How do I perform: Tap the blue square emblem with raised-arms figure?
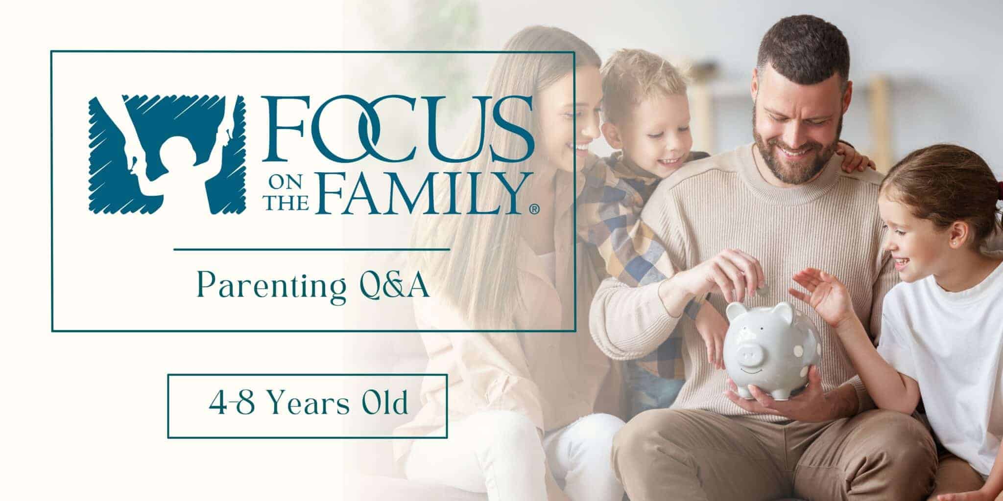tap(166, 154)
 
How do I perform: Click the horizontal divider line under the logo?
tap(311, 250)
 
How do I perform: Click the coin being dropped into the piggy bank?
tap(762, 291)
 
